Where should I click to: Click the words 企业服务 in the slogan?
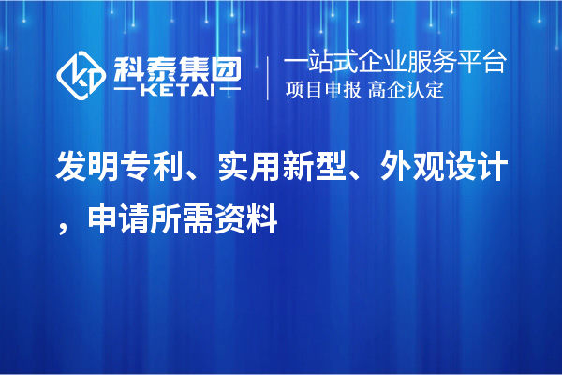[x=418, y=63]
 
